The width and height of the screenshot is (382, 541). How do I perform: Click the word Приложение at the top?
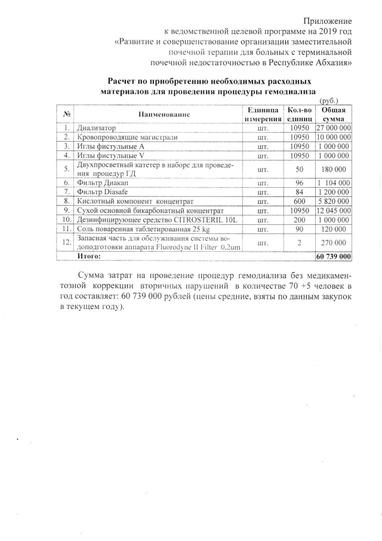(328, 22)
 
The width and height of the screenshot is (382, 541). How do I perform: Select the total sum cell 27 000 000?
(333, 129)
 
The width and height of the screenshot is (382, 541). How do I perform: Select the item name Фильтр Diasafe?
(99, 192)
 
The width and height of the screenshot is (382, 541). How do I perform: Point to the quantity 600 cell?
(300, 201)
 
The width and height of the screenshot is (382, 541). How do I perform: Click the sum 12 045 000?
(333, 211)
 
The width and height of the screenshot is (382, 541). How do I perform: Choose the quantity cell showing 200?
(300, 221)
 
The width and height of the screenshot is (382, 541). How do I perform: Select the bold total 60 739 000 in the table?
(333, 256)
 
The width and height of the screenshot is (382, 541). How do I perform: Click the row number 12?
(67, 242)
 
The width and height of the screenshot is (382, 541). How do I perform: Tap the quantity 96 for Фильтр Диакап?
(300, 182)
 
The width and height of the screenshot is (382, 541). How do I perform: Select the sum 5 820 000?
(333, 201)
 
